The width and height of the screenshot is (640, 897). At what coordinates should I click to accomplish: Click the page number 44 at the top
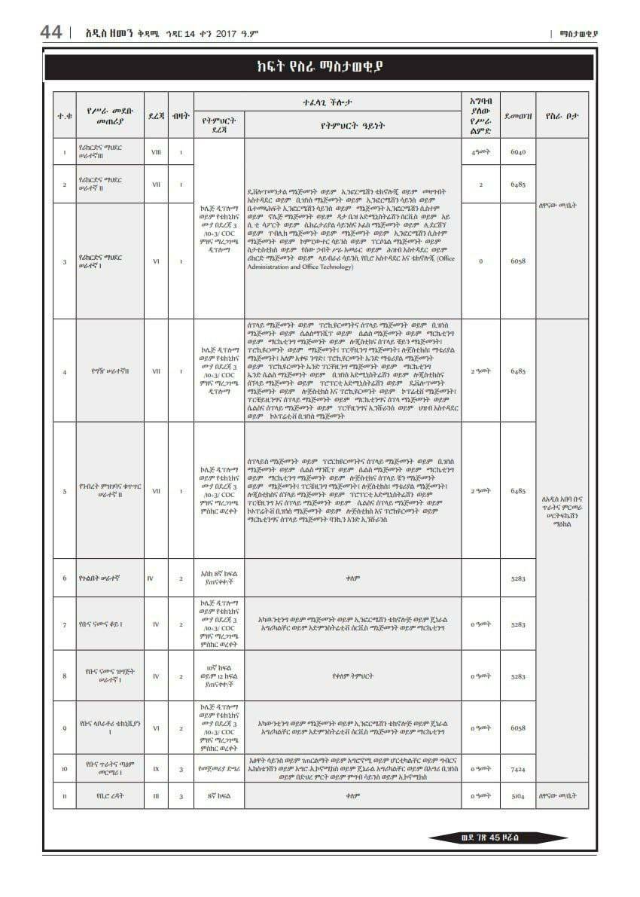(x=51, y=32)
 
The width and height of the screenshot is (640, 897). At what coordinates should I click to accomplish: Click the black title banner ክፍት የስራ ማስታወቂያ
(x=320, y=67)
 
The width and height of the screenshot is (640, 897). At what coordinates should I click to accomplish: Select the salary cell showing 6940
(x=518, y=152)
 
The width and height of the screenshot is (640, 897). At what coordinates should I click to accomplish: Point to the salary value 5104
(x=518, y=795)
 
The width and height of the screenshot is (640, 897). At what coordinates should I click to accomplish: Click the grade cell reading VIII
(x=156, y=152)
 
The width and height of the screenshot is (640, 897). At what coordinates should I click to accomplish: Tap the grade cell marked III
(x=156, y=795)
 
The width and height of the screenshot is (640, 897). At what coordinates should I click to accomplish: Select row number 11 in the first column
(x=64, y=795)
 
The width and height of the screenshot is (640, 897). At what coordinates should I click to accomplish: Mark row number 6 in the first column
(x=64, y=578)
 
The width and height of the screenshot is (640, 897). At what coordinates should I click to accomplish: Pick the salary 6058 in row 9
(x=518, y=728)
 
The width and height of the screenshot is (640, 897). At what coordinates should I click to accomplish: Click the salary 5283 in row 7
(x=518, y=624)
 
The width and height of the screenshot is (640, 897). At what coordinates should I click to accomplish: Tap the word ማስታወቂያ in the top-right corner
(x=579, y=33)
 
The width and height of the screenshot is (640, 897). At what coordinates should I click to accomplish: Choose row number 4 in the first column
(x=64, y=371)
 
